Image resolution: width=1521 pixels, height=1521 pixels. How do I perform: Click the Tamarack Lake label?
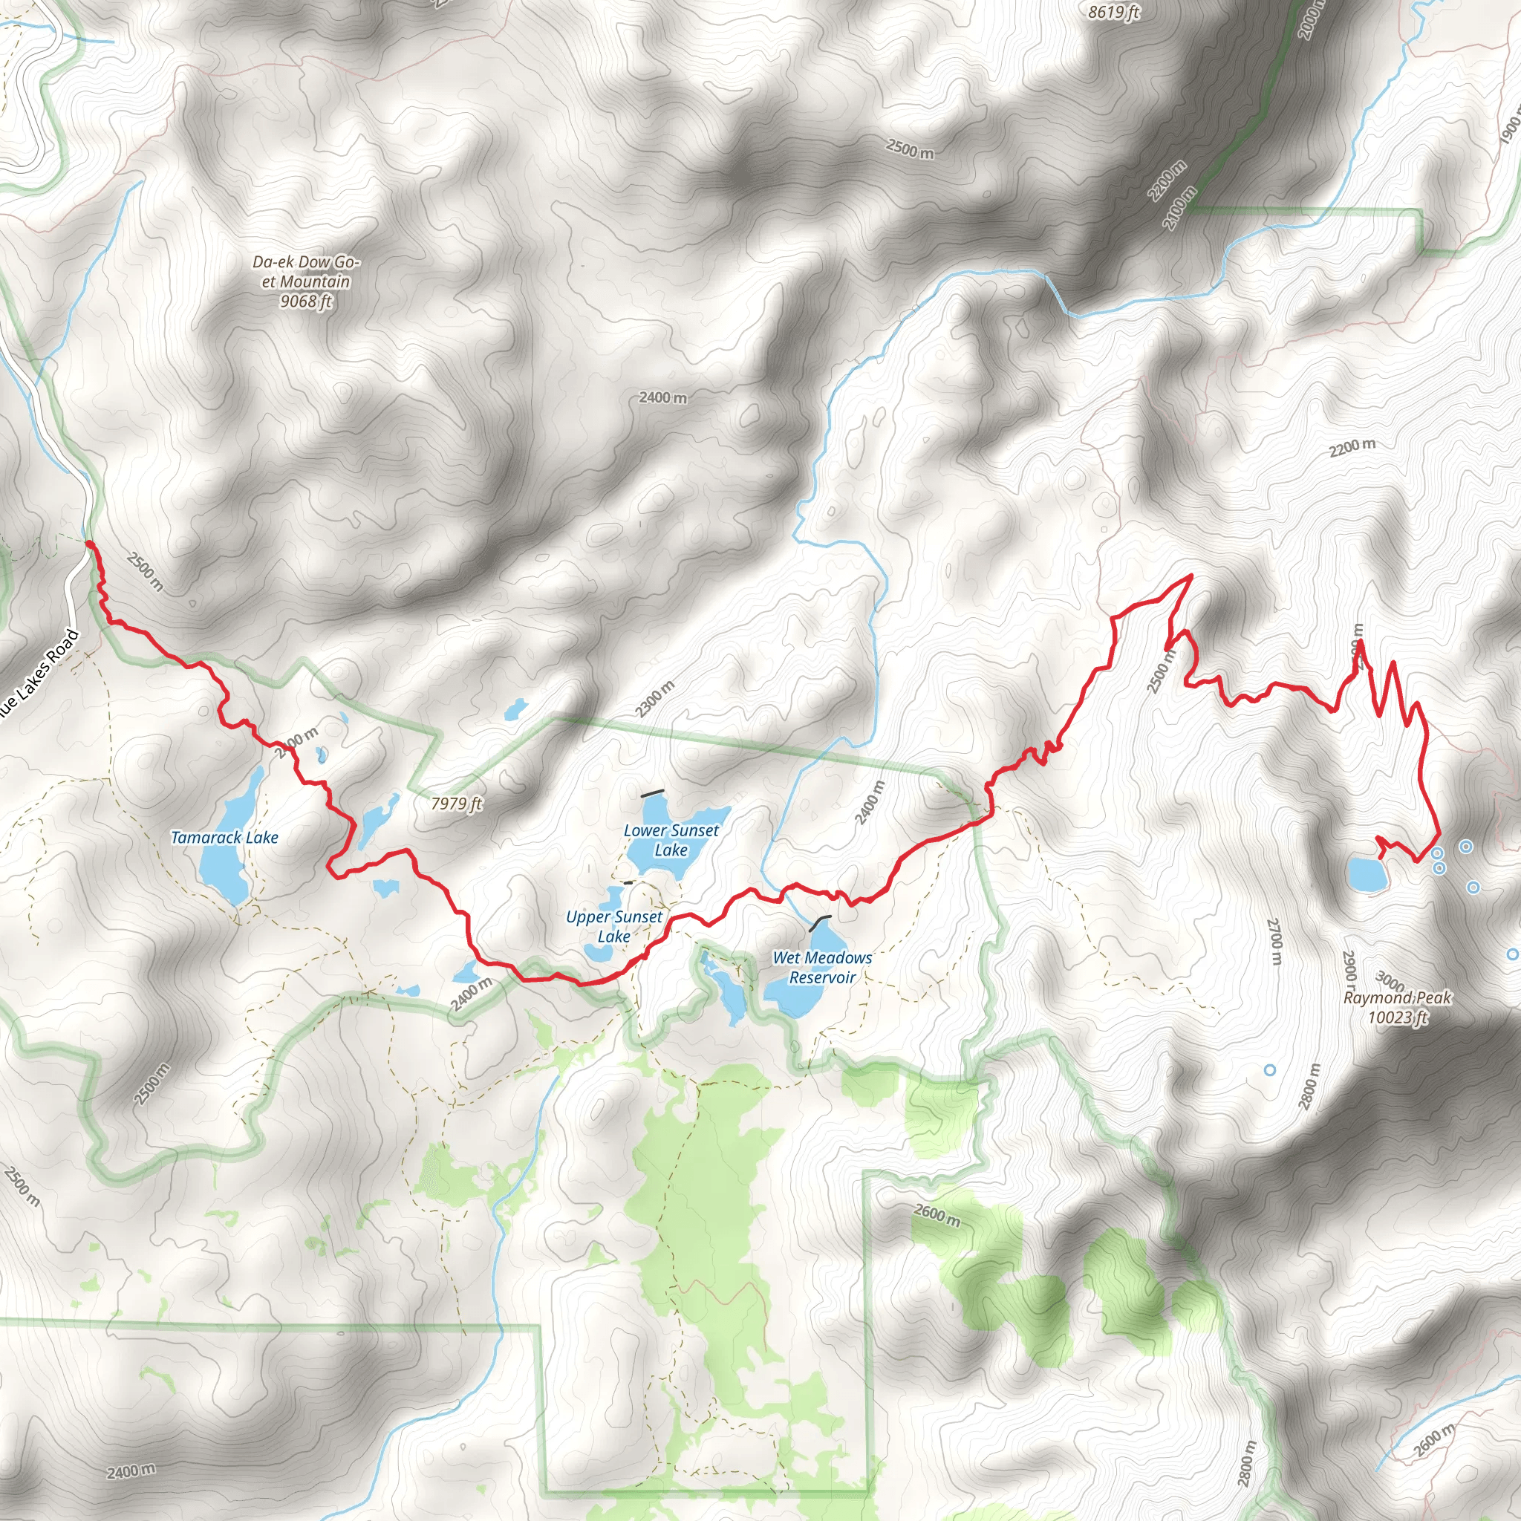coord(224,838)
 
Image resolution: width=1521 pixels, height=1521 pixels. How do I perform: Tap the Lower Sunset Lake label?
coord(671,840)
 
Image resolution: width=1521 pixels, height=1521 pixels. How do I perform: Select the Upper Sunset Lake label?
coord(614,927)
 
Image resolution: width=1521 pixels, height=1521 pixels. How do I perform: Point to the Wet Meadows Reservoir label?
coord(822,968)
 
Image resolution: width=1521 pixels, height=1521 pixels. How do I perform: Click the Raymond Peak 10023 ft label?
coord(1398,1008)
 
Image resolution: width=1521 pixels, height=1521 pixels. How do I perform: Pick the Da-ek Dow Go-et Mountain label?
coord(305,281)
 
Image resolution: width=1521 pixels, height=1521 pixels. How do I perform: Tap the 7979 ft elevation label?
coord(457,804)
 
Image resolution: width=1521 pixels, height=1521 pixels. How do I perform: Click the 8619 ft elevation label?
coord(1113,12)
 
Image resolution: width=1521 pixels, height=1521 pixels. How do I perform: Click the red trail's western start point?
coord(89,544)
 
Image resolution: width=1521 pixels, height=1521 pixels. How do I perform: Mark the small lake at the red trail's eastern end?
coord(1367,875)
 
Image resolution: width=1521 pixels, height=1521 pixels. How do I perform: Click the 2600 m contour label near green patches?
coord(937,1215)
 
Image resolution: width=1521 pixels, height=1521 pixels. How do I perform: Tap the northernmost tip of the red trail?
coord(1191,576)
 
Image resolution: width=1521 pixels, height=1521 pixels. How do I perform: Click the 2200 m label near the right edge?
coord(1352,447)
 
